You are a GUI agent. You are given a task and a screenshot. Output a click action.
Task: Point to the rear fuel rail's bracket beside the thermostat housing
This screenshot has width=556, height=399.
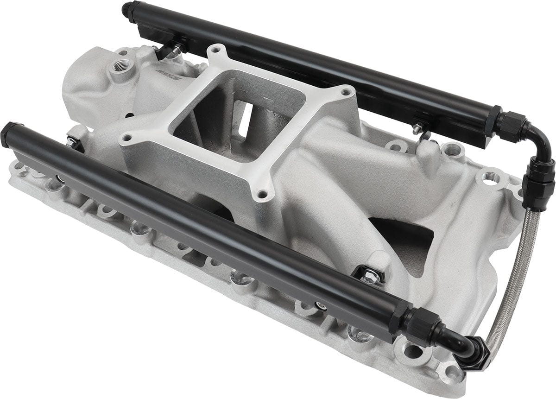point(169,50)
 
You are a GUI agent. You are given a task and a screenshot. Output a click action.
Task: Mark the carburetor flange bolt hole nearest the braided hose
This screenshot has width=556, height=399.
point(345,92)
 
